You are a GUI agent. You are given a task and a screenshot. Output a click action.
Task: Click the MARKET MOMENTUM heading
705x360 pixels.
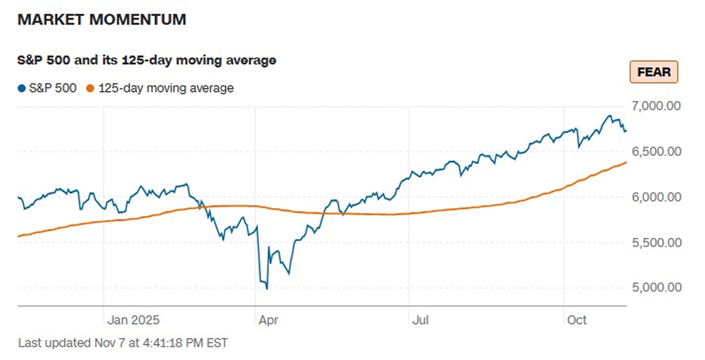click(x=101, y=20)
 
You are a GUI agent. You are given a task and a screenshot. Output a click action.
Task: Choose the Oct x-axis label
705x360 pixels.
click(x=576, y=319)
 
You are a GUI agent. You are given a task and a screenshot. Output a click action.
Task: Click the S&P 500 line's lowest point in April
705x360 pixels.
click(x=267, y=288)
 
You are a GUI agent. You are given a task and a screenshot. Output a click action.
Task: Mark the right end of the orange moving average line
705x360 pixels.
click(x=626, y=163)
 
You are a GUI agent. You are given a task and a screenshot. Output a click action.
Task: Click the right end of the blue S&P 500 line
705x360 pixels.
click(x=625, y=130)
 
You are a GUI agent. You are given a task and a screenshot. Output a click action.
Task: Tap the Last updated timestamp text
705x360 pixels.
click(x=122, y=343)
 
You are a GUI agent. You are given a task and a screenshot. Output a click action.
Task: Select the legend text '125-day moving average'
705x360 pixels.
click(x=166, y=88)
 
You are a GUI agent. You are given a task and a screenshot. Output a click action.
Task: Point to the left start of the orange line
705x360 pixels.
click(x=18, y=236)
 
